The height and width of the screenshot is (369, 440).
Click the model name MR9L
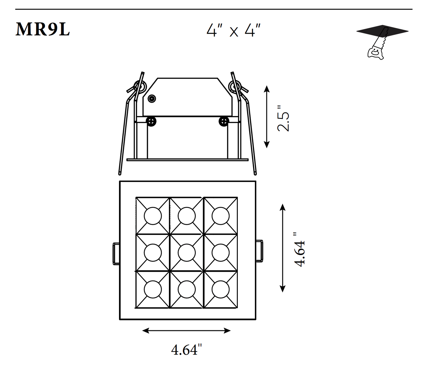pos(43,29)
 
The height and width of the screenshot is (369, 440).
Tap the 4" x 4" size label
pos(234,30)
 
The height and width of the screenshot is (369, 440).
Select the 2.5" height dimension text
pos(283,118)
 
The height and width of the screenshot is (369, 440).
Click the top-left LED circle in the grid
pos(153,216)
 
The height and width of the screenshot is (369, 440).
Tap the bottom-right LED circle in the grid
pos(220,289)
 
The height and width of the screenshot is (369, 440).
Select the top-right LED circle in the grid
pos(220,216)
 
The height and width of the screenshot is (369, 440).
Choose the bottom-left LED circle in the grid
pos(153,289)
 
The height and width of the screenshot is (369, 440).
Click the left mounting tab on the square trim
pos(116,253)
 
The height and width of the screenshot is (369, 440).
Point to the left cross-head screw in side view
pos(151,121)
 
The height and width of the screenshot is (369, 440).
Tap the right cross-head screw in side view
pos(224,121)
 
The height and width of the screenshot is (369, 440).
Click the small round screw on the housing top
pos(152,98)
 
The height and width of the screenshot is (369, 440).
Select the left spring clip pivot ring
pos(139,87)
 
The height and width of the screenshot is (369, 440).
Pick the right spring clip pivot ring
pos(235,87)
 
